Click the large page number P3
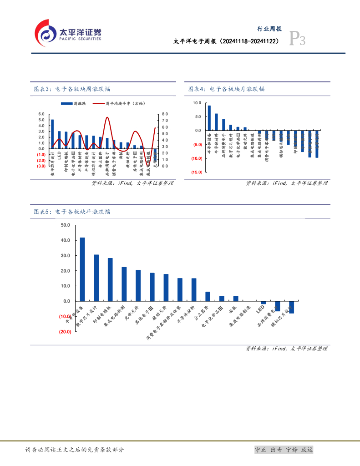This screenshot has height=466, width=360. click(298, 41)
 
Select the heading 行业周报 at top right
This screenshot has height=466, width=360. click(270, 29)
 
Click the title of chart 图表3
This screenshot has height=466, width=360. click(72, 89)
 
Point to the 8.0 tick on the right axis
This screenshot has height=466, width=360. click(164, 114)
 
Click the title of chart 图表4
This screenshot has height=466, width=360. click(226, 89)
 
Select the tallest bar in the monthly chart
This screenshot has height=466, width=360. click(209, 118)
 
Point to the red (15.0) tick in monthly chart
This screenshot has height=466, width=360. click(197, 172)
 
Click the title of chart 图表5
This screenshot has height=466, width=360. click(72, 212)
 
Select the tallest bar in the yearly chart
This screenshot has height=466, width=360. click(82, 269)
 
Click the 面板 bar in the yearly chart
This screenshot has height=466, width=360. click(236, 299)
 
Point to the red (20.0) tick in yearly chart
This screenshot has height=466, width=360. click(65, 332)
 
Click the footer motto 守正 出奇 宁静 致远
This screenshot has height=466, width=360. click(284, 450)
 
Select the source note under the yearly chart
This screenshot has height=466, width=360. click(286, 349)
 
